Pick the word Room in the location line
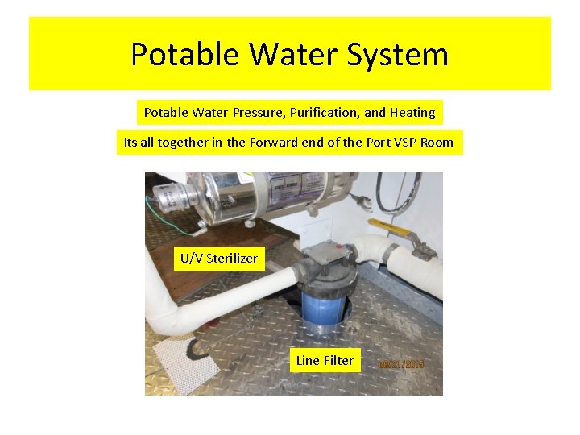coord(437,143)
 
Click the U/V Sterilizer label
coord(218,258)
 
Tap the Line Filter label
coord(325,360)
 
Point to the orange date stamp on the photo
coord(400,365)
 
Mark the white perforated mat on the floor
coord(185,362)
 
